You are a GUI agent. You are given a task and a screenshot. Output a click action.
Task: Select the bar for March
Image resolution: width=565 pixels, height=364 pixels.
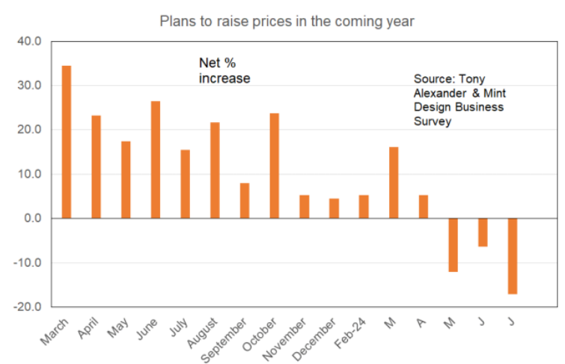(x=67, y=142)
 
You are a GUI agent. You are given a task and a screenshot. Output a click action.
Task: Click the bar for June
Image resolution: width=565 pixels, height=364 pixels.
(x=156, y=160)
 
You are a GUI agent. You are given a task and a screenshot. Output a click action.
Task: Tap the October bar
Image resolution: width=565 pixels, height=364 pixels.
(x=275, y=166)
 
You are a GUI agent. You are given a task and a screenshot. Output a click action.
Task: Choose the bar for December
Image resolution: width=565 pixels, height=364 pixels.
(x=334, y=208)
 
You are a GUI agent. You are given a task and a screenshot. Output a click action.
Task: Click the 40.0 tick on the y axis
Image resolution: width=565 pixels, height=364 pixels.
(x=29, y=41)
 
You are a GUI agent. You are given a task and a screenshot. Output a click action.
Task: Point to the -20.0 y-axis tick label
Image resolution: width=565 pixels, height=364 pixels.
(x=28, y=307)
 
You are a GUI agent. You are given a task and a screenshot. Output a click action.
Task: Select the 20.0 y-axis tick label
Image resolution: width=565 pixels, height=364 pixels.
(x=29, y=130)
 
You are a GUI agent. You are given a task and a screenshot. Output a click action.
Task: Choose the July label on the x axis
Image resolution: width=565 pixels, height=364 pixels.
(x=179, y=328)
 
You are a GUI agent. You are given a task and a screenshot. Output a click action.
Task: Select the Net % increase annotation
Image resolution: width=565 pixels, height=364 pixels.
(x=224, y=70)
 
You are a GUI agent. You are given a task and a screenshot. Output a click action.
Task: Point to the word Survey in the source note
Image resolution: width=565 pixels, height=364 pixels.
(x=433, y=121)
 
